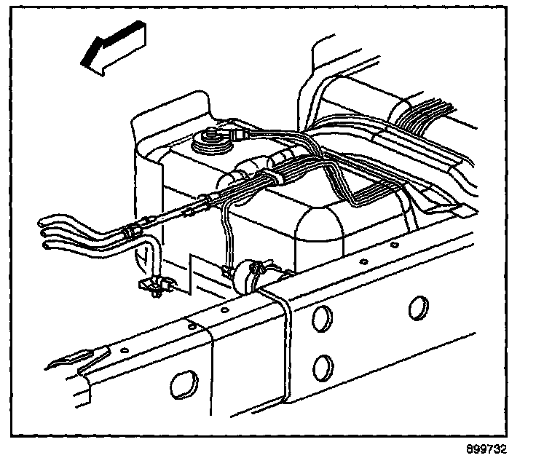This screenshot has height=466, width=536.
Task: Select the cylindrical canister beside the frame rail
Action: point(259,275)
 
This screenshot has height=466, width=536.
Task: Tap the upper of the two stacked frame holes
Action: point(321,318)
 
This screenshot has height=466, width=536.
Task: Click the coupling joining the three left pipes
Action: point(131,232)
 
